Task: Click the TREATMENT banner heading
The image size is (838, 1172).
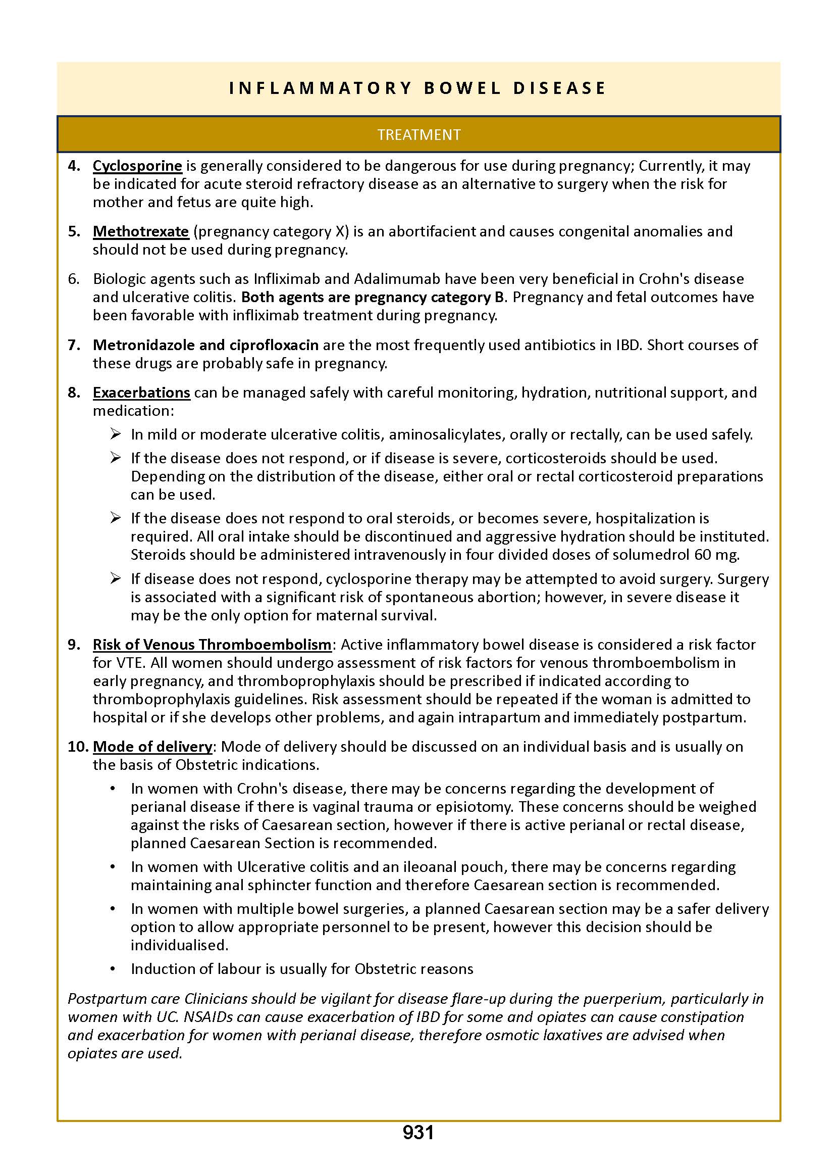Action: click(x=418, y=135)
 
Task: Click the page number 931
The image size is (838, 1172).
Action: click(x=418, y=1132)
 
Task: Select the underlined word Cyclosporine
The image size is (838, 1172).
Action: click(x=137, y=166)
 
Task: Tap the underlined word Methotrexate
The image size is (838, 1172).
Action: click(x=141, y=231)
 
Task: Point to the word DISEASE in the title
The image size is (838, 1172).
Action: click(x=559, y=88)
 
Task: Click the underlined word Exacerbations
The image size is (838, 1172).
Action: click(x=141, y=393)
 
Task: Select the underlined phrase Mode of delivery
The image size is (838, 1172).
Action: click(x=152, y=747)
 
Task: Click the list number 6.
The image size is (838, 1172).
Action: click(x=73, y=279)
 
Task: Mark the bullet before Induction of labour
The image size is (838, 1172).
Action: click(x=113, y=968)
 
